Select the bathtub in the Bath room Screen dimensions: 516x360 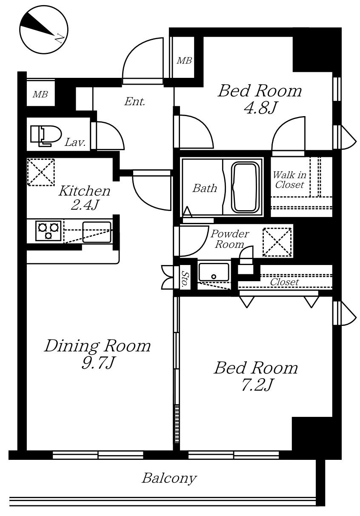point(245,187)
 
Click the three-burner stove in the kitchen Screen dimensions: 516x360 point(45,231)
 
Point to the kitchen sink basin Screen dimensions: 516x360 point(97,232)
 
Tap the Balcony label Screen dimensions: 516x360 point(169,478)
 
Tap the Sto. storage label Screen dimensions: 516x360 point(185,280)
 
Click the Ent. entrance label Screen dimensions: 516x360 point(135,102)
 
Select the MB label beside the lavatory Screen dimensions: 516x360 point(40,94)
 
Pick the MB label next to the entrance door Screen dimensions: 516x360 point(184,61)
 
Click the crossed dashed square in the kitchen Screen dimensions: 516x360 point(41,172)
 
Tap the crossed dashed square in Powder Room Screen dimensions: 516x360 point(277,242)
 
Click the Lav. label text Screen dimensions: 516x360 point(75,143)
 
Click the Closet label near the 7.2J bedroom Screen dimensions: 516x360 point(284,282)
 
